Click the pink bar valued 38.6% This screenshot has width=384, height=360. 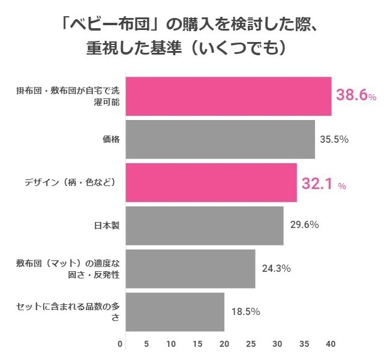229,97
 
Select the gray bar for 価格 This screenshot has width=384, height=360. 220,139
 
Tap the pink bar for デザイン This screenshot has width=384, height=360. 211,182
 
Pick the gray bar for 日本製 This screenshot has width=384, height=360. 205,226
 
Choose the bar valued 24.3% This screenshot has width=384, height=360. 190,268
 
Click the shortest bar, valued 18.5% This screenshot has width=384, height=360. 175,311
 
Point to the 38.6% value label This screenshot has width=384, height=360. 356,95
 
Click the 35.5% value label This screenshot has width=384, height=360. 334,139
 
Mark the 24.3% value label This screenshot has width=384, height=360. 276,268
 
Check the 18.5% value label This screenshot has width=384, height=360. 245,311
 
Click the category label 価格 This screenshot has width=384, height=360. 112,139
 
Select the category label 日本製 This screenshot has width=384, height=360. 107,226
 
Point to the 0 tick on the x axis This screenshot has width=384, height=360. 121,344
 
